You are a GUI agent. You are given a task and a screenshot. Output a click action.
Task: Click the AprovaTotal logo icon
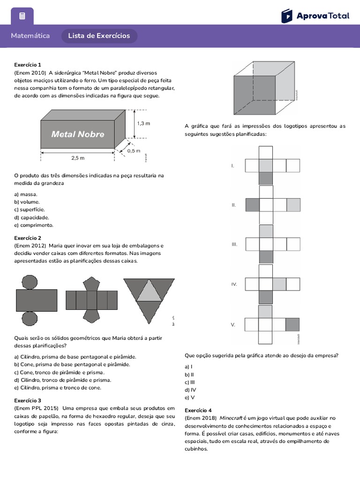[286, 15]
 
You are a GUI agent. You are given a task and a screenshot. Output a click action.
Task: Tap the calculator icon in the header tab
[22, 16]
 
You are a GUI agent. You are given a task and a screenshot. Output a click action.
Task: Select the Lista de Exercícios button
[99, 36]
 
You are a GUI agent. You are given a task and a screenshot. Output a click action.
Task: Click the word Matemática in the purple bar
[30, 36]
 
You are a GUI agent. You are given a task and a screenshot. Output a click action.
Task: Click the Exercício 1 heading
[28, 65]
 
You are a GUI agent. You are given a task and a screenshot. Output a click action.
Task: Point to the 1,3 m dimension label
[143, 123]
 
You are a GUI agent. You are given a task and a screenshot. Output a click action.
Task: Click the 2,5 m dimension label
[78, 158]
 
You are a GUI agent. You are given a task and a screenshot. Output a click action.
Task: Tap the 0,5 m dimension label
[134, 150]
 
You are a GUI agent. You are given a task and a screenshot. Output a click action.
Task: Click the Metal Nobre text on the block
[77, 135]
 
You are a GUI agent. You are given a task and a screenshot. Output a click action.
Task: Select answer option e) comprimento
[34, 225]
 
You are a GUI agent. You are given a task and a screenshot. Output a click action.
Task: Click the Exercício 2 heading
[28, 238]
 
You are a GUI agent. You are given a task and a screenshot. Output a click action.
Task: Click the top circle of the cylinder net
[30, 282]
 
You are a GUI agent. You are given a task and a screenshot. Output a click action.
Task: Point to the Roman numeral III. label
[234, 244]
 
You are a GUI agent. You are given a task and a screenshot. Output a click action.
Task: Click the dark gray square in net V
[292, 324]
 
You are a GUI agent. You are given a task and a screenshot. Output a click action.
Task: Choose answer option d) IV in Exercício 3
[190, 390]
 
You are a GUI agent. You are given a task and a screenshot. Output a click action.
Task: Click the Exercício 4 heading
[198, 410]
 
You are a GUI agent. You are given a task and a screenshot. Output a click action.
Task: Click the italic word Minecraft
[231, 418]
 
